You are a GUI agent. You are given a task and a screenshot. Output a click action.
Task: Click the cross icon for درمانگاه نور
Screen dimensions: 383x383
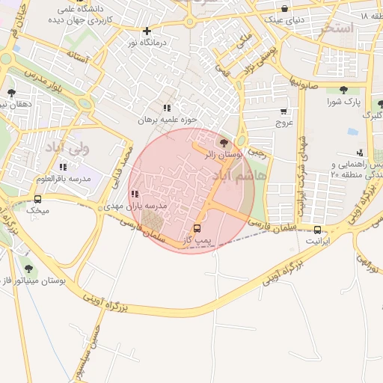[147, 31]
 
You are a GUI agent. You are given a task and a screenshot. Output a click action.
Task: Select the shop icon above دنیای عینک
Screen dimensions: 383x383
[284, 8]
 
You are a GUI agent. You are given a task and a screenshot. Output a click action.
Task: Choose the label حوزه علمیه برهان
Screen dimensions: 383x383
[167, 119]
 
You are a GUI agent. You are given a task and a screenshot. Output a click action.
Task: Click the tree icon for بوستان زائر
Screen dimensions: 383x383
[223, 142]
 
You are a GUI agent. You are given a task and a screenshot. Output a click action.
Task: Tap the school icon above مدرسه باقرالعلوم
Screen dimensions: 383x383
[63, 167]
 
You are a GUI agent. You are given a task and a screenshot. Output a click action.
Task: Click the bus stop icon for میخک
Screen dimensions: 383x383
[37, 199]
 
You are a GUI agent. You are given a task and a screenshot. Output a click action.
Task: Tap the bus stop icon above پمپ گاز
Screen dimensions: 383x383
[197, 227]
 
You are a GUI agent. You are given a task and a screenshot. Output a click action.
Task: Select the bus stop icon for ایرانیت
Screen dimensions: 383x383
[318, 230]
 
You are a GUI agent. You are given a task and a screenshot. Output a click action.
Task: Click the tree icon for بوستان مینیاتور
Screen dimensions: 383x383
[29, 269]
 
